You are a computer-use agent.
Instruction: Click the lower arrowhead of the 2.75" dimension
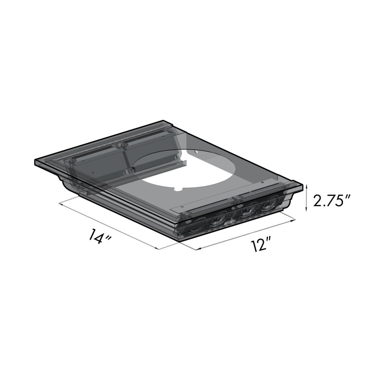click(x=306, y=211)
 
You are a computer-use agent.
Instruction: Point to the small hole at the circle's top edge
click(x=197, y=152)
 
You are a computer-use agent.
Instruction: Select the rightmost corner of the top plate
click(x=303, y=186)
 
